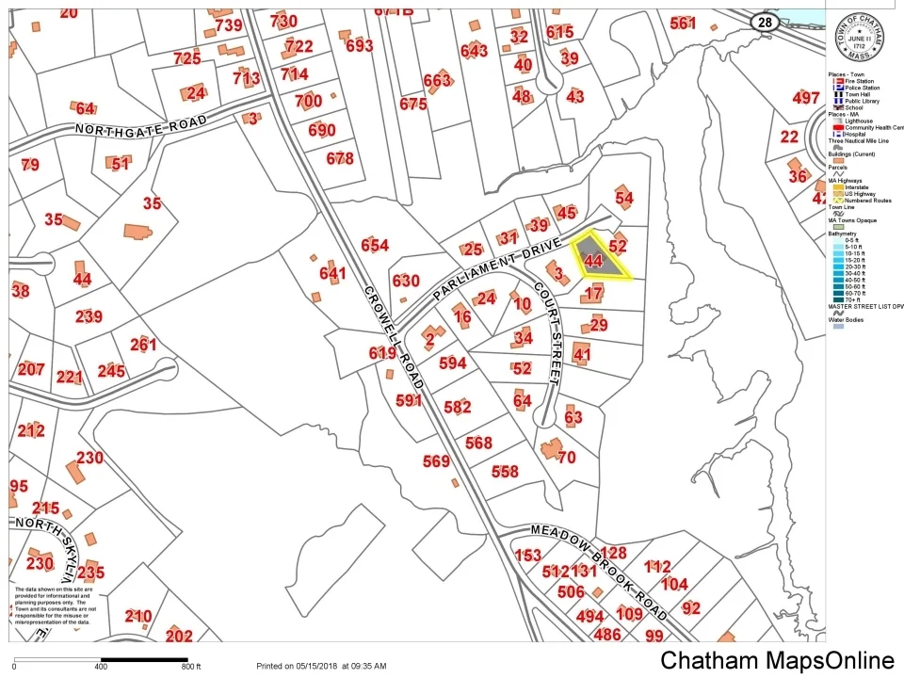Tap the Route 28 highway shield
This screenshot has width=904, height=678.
click(763, 21)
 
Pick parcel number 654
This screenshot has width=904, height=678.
click(374, 246)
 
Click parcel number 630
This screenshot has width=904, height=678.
click(406, 281)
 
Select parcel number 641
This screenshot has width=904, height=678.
click(332, 273)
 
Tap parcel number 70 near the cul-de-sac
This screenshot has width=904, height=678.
click(566, 458)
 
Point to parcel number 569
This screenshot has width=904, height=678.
click(436, 461)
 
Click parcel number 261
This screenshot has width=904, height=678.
click(143, 345)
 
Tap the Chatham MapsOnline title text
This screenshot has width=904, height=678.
click(777, 660)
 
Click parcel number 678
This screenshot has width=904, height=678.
click(340, 158)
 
